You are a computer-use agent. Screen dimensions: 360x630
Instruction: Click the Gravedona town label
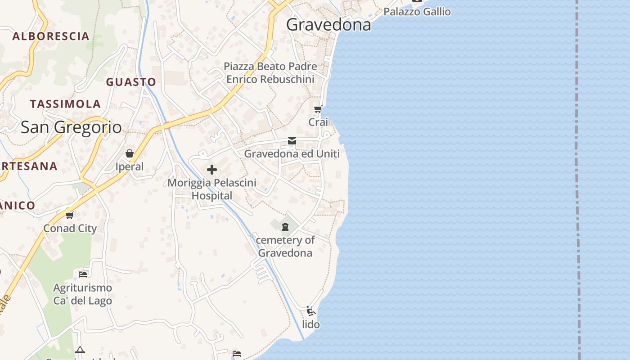[x=328, y=25]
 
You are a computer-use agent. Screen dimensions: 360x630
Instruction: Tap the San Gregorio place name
[x=71, y=127]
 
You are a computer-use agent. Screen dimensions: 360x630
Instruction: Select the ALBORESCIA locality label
[x=50, y=36]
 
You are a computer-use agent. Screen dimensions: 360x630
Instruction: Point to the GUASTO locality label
[x=131, y=82]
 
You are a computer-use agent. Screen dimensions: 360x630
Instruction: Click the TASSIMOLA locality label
[x=65, y=104]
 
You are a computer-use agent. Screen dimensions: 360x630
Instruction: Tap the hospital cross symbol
[x=212, y=170]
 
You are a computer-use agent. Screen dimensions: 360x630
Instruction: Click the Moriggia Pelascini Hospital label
[x=212, y=189]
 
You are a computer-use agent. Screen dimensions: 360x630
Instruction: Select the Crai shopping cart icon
[x=318, y=109]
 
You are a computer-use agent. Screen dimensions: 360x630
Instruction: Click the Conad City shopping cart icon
[x=69, y=215]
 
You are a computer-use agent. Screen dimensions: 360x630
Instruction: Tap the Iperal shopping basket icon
[x=130, y=154]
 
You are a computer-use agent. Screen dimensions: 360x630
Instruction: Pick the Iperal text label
[x=130, y=167]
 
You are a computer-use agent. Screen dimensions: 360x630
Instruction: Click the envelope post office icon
[x=292, y=141]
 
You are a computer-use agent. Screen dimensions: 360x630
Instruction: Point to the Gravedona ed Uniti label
[x=292, y=154]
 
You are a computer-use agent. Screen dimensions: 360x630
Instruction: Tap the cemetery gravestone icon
[x=285, y=227]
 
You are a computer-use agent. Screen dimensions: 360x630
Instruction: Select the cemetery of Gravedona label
[x=285, y=246]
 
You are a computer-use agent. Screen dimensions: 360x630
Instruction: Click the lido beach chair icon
[x=310, y=310]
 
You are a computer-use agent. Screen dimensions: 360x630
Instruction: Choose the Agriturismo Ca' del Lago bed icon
[x=83, y=274]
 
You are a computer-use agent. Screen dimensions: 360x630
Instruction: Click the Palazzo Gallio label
[x=417, y=12]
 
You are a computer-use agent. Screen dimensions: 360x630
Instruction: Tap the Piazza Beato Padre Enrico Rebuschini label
[x=270, y=73]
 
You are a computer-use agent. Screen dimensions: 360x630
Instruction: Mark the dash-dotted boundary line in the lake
[x=577, y=180]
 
